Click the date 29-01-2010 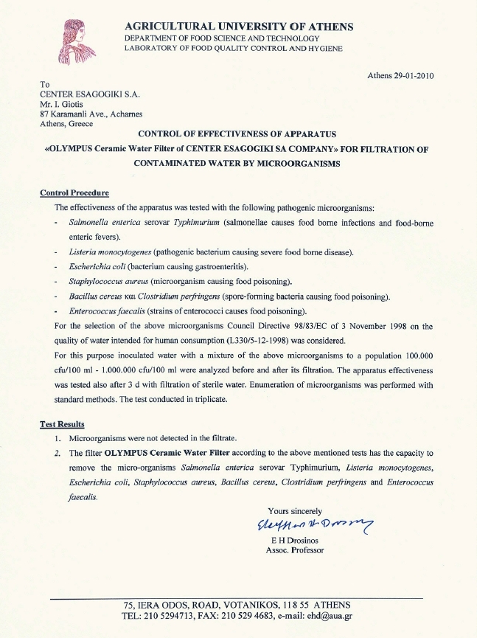click(415, 76)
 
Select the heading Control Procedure click(74, 193)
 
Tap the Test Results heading click(63, 424)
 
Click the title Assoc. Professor click(294, 550)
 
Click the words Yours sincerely click(295, 510)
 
